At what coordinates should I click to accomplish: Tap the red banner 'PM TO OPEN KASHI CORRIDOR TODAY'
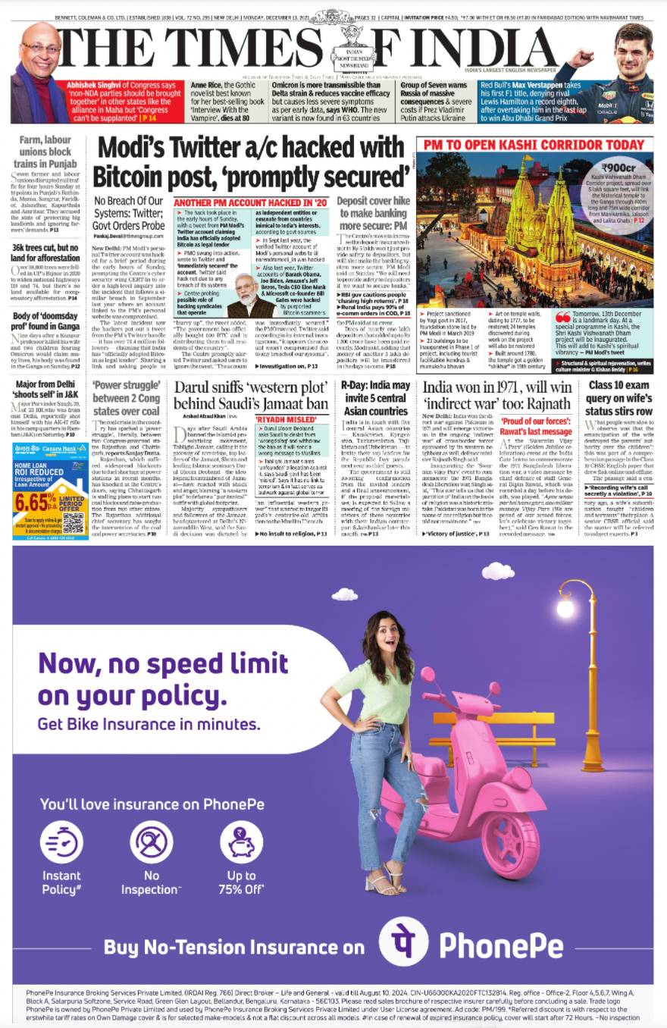pos(534,145)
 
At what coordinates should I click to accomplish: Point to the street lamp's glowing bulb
pos(564,608)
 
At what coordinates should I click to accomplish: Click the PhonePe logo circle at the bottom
pos(403,944)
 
